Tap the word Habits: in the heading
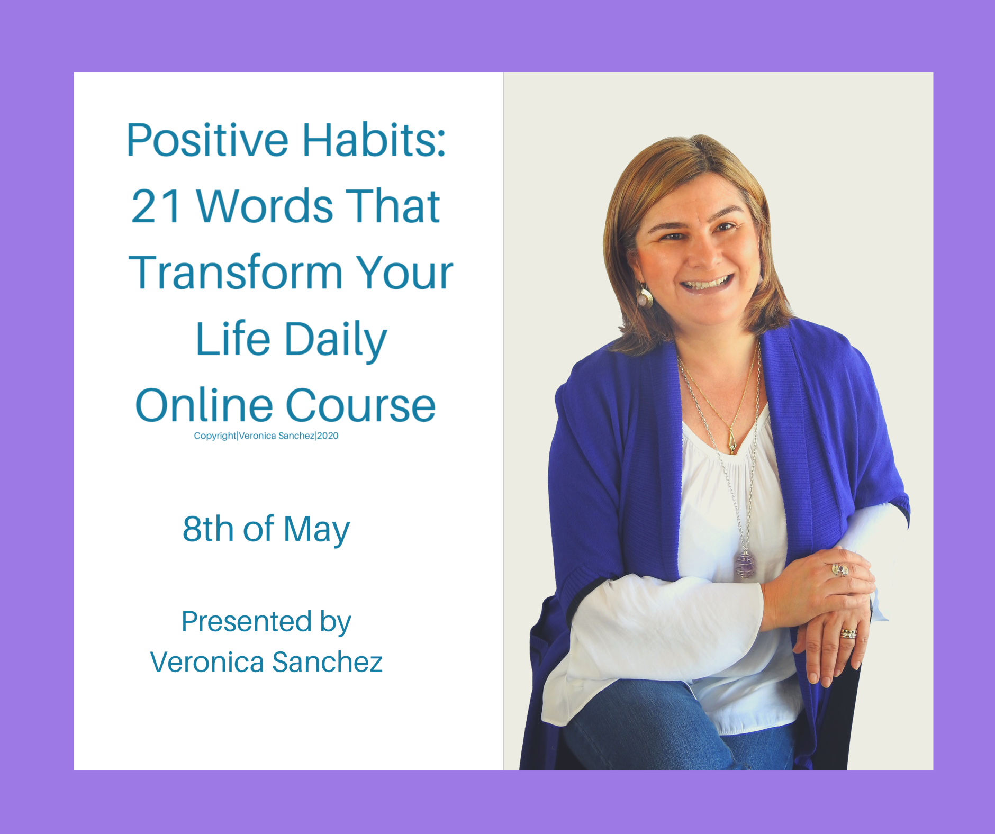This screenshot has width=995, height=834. [x=374, y=140]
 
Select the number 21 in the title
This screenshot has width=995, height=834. [x=157, y=206]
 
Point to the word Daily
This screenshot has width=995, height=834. [x=336, y=340]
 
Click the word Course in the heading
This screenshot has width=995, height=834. [x=361, y=405]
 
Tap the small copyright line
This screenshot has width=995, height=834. [x=266, y=436]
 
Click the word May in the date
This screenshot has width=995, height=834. [x=316, y=530]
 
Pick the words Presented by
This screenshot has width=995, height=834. [x=266, y=622]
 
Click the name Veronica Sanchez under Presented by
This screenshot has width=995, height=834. [x=266, y=662]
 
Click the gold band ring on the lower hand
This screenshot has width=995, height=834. [x=848, y=633]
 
